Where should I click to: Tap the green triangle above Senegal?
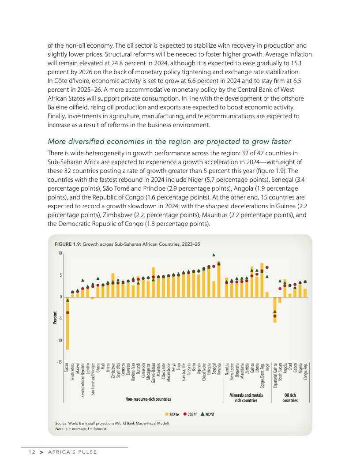point(214,255)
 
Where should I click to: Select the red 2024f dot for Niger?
point(267,267)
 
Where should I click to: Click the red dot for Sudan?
point(67,313)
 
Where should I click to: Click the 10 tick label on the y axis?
point(60,253)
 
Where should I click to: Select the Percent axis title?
point(55,319)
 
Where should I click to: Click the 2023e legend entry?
point(172,414)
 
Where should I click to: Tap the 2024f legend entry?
point(190,414)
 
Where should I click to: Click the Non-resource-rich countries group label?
point(148,399)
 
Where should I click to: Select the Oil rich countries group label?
point(290,398)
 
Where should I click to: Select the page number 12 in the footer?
point(30,452)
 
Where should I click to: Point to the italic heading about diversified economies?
point(169,141)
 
